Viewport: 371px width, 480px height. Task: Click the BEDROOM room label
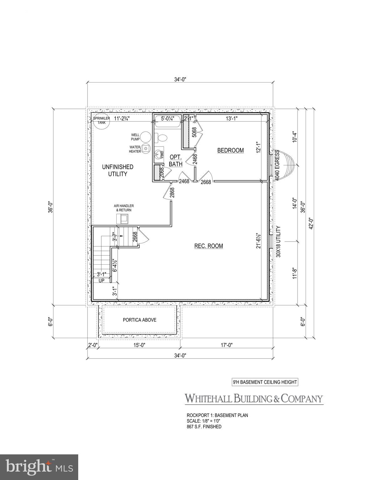(x=230, y=150)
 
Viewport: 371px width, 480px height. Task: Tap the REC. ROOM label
(x=209, y=246)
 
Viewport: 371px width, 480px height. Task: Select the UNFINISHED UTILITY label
(x=117, y=171)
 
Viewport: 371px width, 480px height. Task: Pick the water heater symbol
(x=146, y=149)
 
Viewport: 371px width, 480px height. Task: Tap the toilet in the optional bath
(x=162, y=138)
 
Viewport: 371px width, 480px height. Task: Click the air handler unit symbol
(x=124, y=219)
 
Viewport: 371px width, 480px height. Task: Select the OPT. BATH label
(x=175, y=160)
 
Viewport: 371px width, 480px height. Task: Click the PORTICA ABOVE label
(x=140, y=320)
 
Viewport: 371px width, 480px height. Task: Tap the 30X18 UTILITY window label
(x=278, y=242)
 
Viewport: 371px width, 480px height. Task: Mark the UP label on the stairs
(x=101, y=281)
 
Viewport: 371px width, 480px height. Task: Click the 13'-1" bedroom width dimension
(x=233, y=118)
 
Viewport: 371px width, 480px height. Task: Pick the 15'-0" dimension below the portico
(x=138, y=345)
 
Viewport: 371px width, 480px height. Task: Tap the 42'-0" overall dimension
(x=311, y=223)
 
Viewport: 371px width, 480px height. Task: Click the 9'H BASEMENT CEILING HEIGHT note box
(x=265, y=382)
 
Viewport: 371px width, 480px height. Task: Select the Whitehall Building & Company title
(x=254, y=399)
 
